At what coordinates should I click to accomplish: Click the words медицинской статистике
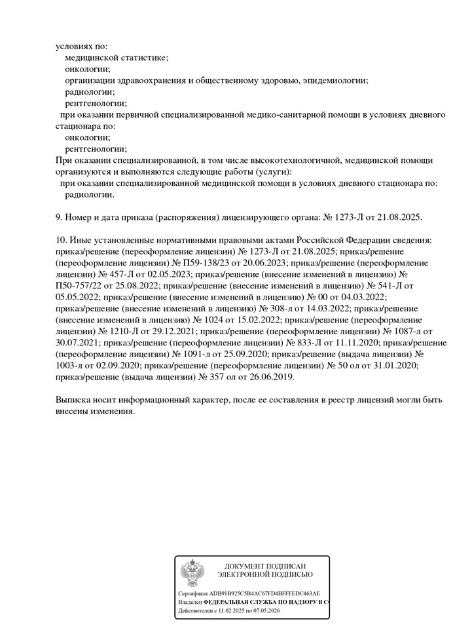(117, 58)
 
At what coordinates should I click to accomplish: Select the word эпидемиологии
(336, 80)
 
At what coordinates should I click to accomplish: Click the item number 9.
(58, 217)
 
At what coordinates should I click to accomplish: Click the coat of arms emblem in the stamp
(192, 574)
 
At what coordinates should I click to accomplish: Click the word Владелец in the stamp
(190, 601)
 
